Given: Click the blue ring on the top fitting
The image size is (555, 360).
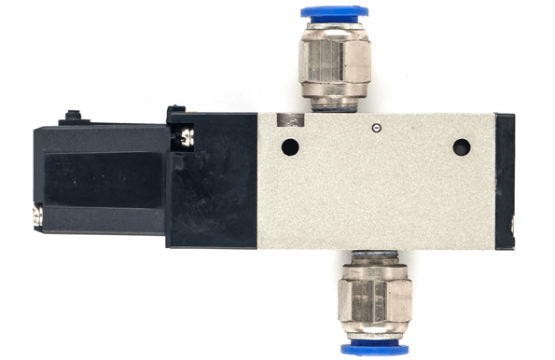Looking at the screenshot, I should tap(334, 12).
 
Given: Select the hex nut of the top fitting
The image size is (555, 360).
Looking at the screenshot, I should tap(335, 66).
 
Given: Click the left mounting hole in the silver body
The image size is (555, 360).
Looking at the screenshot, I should tap(289, 146).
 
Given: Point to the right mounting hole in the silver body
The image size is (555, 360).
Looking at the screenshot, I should tap(461, 146).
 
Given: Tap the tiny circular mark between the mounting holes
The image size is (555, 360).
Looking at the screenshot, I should tap(375, 128).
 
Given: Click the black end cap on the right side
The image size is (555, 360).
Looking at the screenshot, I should tap(505, 181).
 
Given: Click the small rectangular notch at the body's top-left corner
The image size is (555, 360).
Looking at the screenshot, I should tap(291, 119).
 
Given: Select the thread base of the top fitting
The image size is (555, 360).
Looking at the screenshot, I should tap(335, 106).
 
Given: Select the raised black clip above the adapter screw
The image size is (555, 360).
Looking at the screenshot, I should tap(174, 114).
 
